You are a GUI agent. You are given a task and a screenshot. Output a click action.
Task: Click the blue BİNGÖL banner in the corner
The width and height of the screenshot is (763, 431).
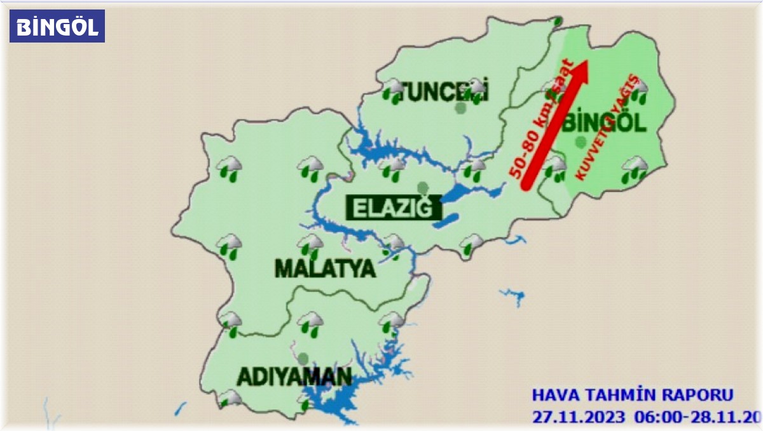coord(57,27)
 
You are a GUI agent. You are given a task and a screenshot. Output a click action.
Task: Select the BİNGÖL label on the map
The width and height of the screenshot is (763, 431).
coord(604,123)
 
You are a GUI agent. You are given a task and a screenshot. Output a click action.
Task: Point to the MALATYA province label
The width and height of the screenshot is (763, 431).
coord(325,269)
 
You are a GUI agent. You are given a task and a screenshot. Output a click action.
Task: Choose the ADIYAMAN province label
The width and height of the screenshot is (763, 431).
coord(294,376)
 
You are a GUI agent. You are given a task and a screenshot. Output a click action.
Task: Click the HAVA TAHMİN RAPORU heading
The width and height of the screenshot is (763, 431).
coord(632,395)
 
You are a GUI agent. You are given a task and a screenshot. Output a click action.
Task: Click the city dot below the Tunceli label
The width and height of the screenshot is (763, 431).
coord(461,108)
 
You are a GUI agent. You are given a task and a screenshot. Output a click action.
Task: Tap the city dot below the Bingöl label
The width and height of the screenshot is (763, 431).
coord(580,142)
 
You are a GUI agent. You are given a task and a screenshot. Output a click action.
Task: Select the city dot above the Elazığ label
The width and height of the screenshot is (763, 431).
coord(422,187)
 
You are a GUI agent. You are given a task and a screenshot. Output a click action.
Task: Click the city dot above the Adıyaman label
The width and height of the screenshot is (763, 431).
coord(303,358)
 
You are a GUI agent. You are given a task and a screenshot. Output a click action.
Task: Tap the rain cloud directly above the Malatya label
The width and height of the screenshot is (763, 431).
coord(310,246)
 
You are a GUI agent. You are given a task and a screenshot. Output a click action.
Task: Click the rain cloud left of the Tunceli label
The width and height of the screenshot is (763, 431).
coord(394,90)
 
